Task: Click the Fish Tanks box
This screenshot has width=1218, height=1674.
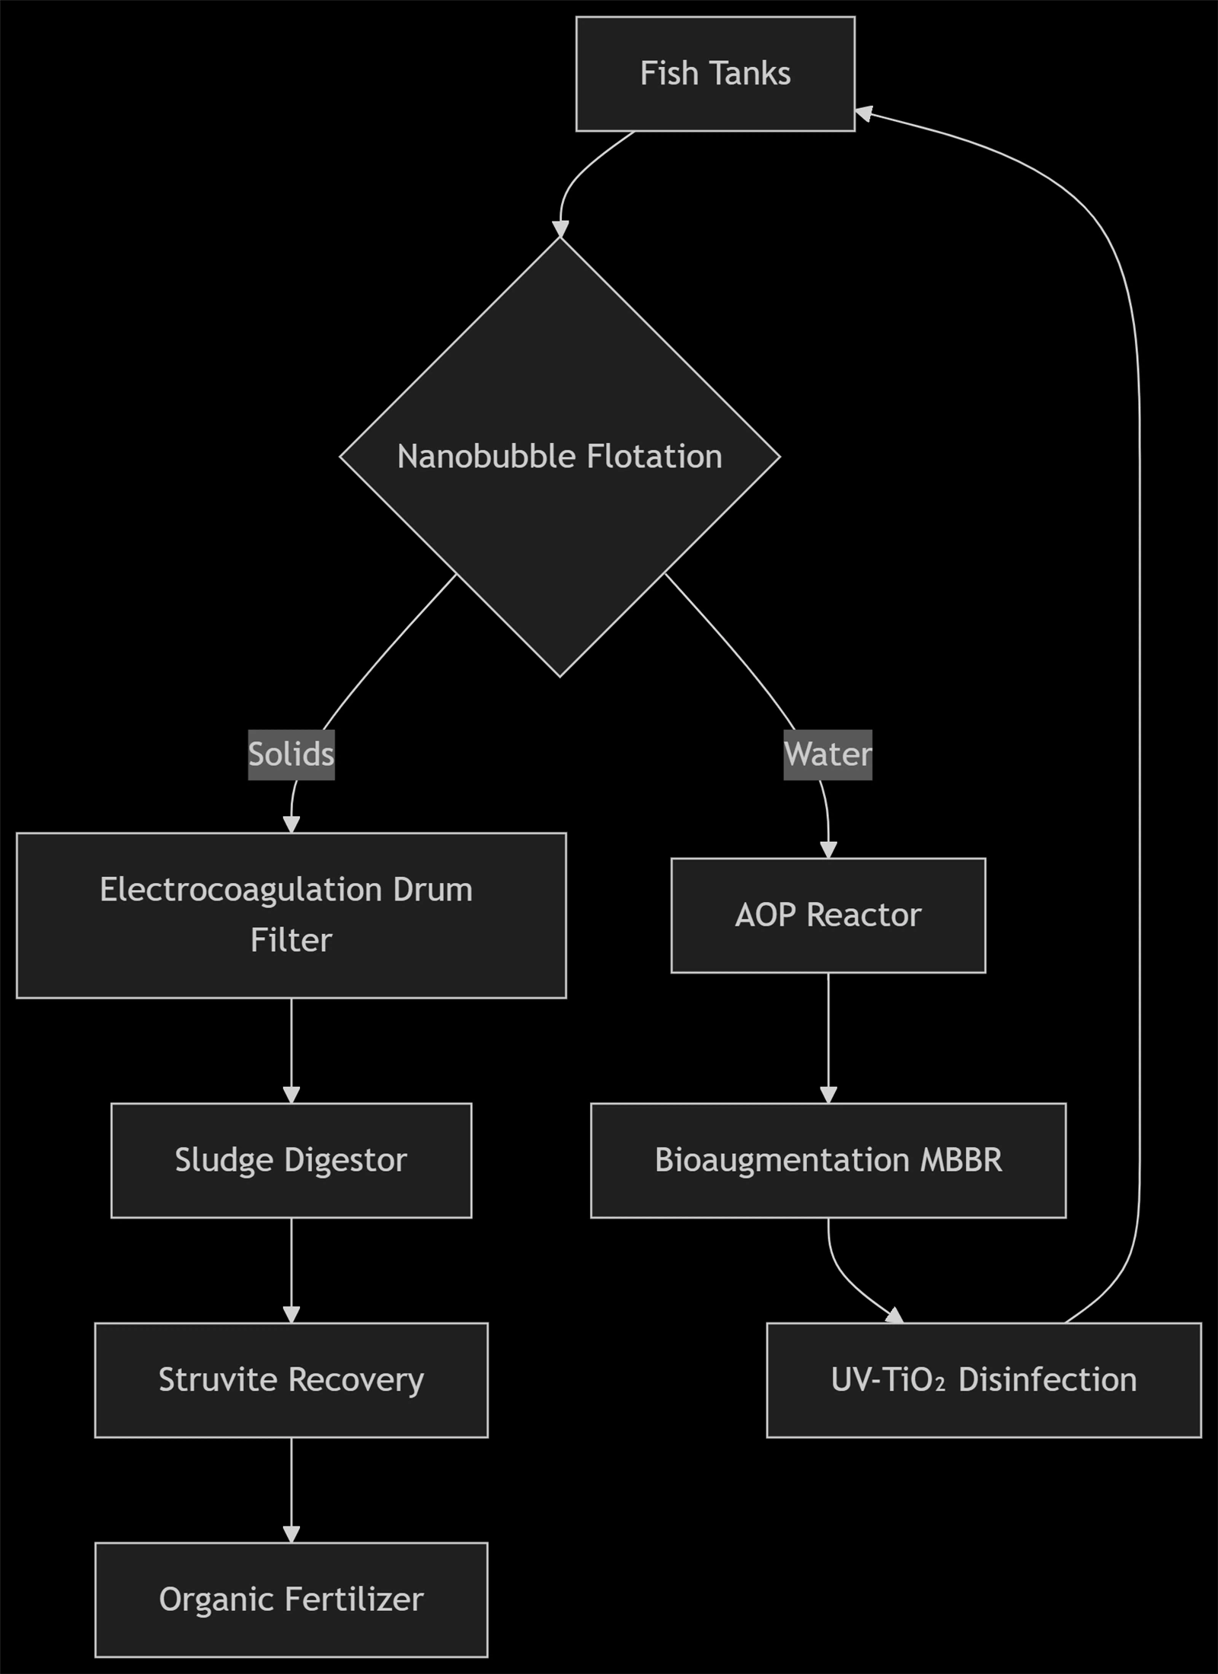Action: coord(715,74)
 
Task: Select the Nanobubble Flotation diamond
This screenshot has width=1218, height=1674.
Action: coord(560,457)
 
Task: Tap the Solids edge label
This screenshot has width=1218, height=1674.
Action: coord(291,754)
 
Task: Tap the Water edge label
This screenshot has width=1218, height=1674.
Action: coord(827,754)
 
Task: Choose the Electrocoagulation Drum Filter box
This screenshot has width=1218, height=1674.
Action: coord(291,915)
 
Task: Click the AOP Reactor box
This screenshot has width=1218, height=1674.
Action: coord(827,915)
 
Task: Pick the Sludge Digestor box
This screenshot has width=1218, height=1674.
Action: coord(291,1160)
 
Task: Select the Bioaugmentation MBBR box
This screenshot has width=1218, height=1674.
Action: coord(827,1160)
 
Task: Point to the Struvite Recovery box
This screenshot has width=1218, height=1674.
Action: coord(291,1379)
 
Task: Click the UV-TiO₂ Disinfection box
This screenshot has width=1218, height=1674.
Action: coord(984,1379)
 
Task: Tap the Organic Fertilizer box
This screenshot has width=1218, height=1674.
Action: coord(291,1599)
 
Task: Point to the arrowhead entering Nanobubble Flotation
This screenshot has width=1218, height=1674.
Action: coord(560,229)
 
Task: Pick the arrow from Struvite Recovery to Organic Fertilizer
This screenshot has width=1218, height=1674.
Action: coord(291,1490)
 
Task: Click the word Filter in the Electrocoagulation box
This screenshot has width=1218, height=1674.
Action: coord(291,940)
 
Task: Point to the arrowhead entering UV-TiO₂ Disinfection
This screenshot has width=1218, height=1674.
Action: coord(894,1315)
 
